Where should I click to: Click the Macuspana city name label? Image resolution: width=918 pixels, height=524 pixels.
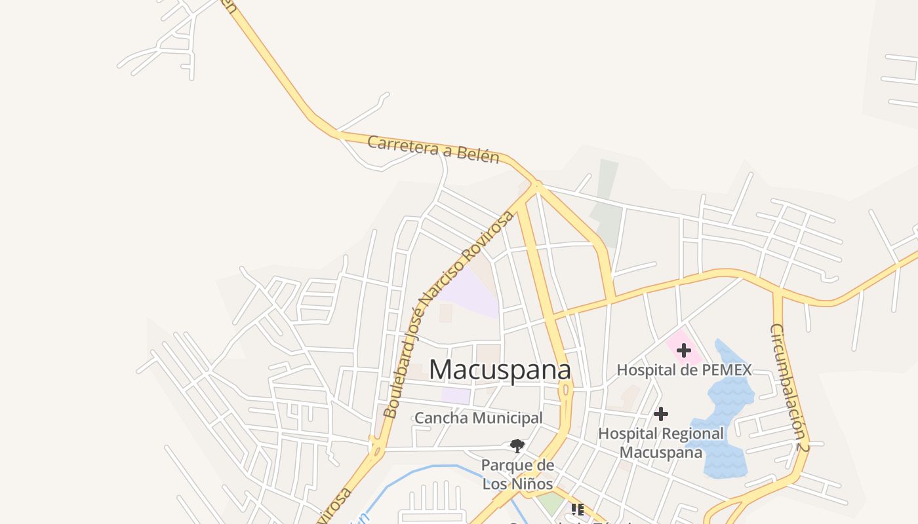(500, 370)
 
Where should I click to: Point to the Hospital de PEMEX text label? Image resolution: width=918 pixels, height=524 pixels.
(684, 370)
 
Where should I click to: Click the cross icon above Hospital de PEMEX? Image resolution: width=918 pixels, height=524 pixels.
(684, 350)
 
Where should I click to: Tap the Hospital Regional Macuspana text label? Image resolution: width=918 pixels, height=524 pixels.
(661, 443)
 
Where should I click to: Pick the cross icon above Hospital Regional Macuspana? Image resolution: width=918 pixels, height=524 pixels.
(661, 414)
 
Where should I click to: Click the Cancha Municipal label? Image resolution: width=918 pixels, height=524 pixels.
(479, 418)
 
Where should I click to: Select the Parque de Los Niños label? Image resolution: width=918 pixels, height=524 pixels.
(517, 475)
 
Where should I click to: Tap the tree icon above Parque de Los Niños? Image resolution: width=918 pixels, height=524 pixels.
(517, 446)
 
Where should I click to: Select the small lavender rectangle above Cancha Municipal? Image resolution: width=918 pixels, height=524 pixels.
(456, 396)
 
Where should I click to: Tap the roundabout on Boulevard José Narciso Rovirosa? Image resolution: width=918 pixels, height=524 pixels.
(377, 450)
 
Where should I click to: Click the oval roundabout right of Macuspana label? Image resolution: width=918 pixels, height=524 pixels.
(565, 391)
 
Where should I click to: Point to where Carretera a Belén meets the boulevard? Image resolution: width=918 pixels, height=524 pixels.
(535, 187)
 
